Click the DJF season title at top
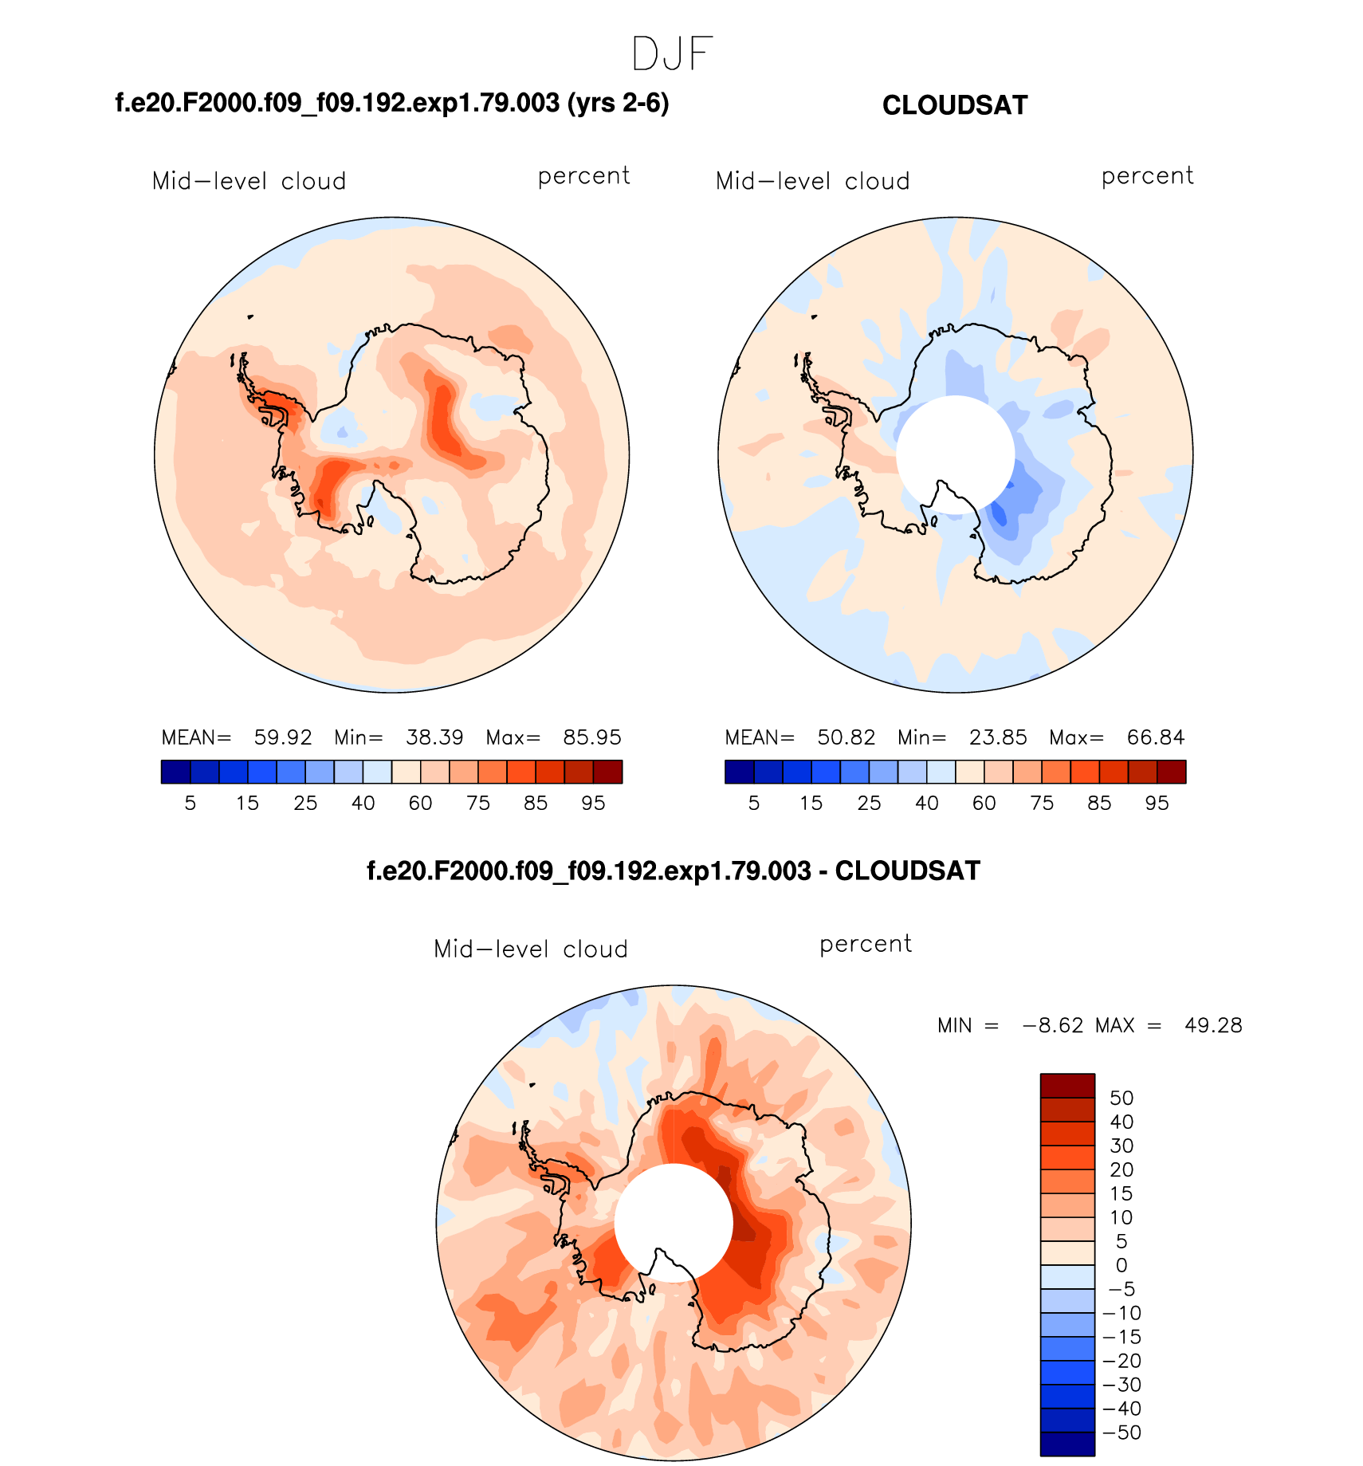pyautogui.click(x=672, y=55)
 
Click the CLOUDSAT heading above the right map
pyautogui.click(x=955, y=105)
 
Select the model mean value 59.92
pyautogui.click(x=283, y=737)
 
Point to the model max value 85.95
pyautogui.click(x=592, y=737)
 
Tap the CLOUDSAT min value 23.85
pyautogui.click(x=998, y=737)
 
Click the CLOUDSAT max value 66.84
pyautogui.click(x=1156, y=737)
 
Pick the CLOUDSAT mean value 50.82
pyautogui.click(x=846, y=737)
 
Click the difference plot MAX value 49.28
pyautogui.click(x=1213, y=1025)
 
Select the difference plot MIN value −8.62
pyautogui.click(x=1053, y=1025)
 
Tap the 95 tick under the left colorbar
pyautogui.click(x=593, y=804)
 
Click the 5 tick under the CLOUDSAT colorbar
pyautogui.click(x=754, y=804)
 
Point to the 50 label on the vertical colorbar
pyautogui.click(x=1121, y=1099)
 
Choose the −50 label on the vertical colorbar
pyautogui.click(x=1122, y=1433)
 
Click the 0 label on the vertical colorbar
pyautogui.click(x=1121, y=1265)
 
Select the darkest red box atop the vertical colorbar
pyautogui.click(x=1067, y=1086)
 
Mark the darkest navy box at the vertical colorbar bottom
pyautogui.click(x=1067, y=1444)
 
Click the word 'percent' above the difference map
pyautogui.click(x=866, y=945)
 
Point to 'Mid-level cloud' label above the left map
pyautogui.click(x=249, y=182)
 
